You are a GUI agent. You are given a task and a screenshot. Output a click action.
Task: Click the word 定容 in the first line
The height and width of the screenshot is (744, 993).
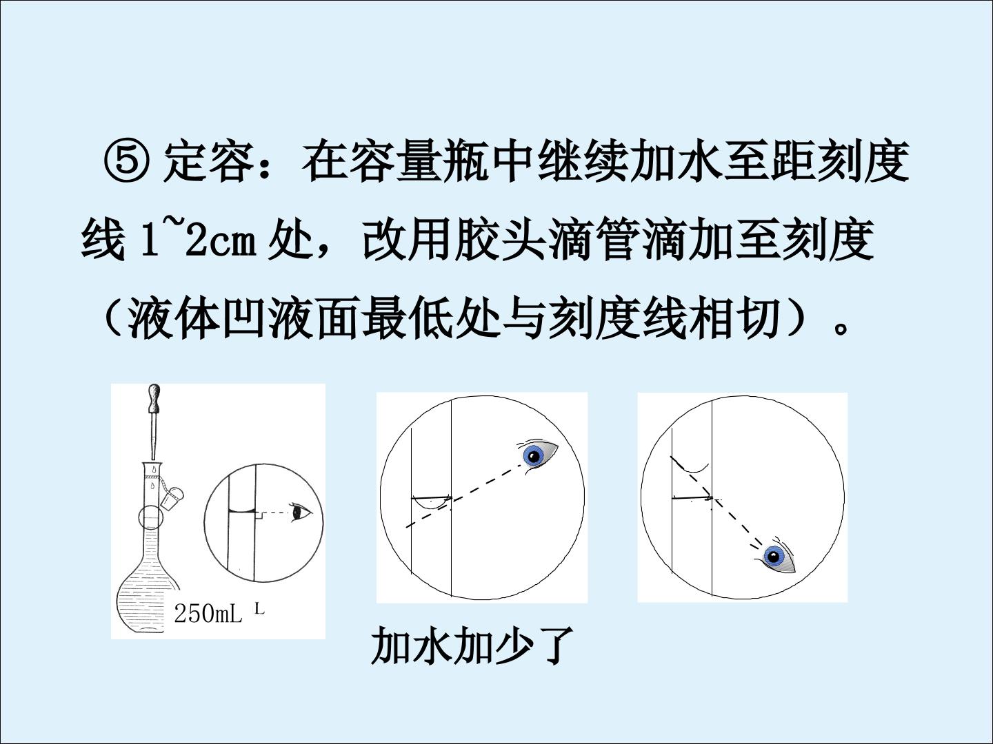pyautogui.click(x=209, y=162)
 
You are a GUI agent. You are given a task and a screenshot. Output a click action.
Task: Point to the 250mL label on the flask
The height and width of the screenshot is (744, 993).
pyautogui.click(x=208, y=613)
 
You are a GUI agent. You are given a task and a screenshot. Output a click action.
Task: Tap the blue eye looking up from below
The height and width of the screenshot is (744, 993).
pyautogui.click(x=775, y=556)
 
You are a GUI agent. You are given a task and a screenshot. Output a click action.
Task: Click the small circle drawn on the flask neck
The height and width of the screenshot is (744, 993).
pyautogui.click(x=150, y=517)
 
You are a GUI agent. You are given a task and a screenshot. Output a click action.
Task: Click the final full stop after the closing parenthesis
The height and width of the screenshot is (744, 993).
pyautogui.click(x=840, y=329)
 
